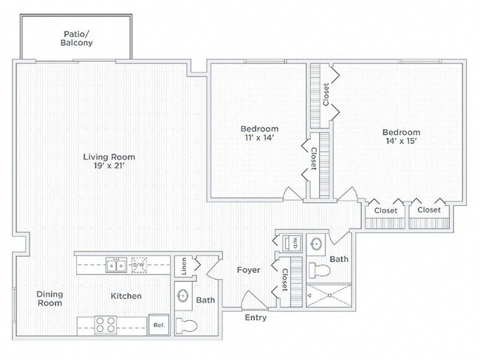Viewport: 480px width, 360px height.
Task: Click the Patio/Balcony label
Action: pos(77,38)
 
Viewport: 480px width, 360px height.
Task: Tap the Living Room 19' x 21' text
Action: pos(109,162)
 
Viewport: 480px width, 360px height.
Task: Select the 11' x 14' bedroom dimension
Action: pos(259,138)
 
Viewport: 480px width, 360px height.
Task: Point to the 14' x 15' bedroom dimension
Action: pos(401,141)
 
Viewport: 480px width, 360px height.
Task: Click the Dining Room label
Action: pos(49,299)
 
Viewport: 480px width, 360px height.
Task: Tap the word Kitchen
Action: pos(126,296)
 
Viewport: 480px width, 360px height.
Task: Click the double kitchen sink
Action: pos(117,265)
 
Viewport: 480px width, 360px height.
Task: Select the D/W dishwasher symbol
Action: pos(139,265)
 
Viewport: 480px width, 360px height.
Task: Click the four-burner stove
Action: pos(106,325)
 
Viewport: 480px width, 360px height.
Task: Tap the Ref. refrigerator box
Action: pos(159,325)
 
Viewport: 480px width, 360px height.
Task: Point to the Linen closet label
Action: pos(184,266)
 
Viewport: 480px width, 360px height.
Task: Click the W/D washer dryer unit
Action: pos(292,243)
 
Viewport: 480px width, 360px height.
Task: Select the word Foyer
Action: pos(249,270)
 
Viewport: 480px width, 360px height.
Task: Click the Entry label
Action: pos(256,318)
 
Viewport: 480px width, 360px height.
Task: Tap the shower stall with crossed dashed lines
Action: pos(329,295)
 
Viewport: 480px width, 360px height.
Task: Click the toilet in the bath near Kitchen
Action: pos(186,326)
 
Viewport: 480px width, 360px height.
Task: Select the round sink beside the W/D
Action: pos(316,244)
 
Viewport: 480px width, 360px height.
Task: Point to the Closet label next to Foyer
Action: pos(285,280)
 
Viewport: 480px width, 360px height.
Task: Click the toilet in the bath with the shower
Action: pos(319,271)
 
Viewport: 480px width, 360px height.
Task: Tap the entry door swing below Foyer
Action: pos(255,300)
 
